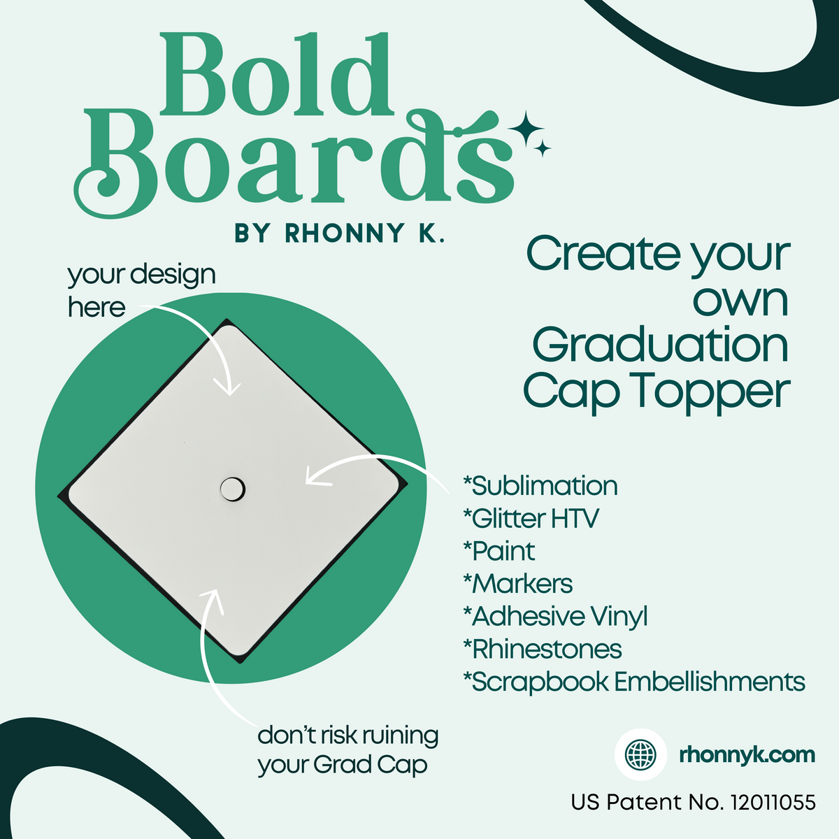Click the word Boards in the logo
(x=294, y=164)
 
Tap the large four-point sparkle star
(x=526, y=129)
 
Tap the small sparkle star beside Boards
(x=543, y=148)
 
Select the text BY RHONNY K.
(x=340, y=234)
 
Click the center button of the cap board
(x=232, y=489)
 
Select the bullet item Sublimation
(x=540, y=486)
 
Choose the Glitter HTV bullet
(x=531, y=519)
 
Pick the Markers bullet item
(x=518, y=584)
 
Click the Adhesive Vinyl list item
(x=556, y=617)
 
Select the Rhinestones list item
(x=543, y=649)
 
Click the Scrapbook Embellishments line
(x=634, y=682)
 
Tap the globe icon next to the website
(x=640, y=754)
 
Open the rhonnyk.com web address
(x=747, y=755)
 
